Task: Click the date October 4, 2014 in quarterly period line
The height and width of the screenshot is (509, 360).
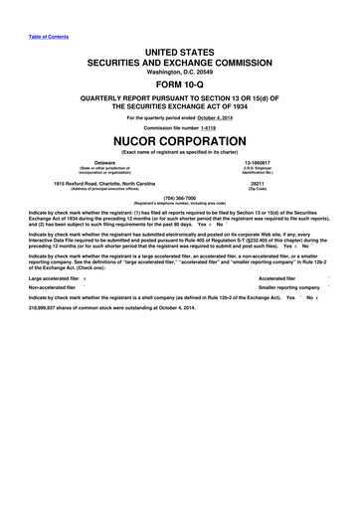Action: pos(221,118)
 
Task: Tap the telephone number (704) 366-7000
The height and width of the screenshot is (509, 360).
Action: pos(180,197)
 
